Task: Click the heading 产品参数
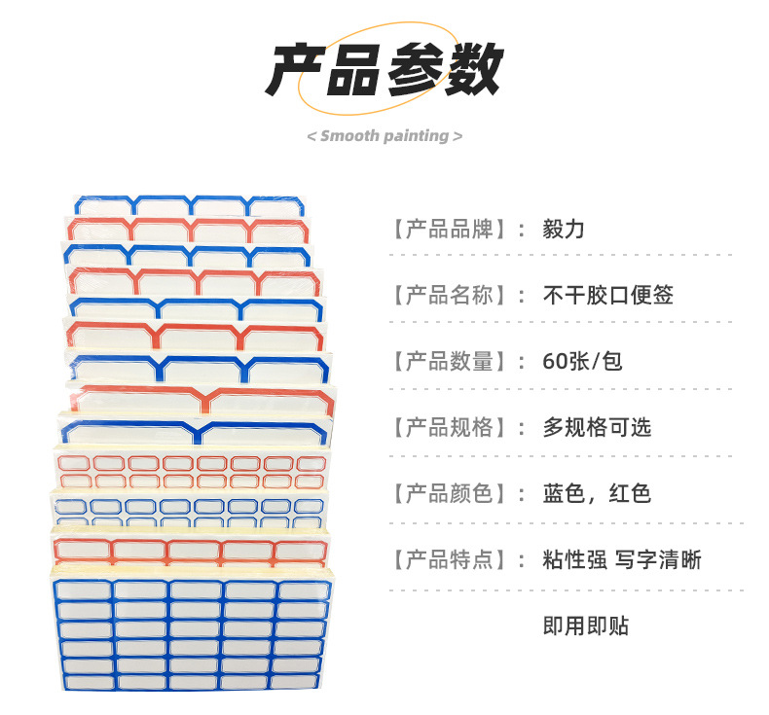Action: tap(384, 69)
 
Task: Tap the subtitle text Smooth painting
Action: tap(384, 135)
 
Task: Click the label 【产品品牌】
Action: tap(450, 230)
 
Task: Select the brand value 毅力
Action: tap(564, 230)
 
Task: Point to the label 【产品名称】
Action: tap(450, 296)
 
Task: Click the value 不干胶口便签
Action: tap(607, 296)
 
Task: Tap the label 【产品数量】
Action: tap(450, 362)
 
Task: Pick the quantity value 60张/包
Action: tap(582, 362)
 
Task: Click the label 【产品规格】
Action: tap(450, 427)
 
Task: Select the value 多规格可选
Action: tap(597, 427)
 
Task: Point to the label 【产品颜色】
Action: tap(450, 493)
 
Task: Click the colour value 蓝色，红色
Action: tap(597, 493)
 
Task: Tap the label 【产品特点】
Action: tap(450, 559)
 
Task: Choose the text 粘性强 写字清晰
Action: tap(622, 559)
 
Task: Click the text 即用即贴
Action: tap(585, 626)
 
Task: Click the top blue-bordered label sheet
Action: tap(190, 205)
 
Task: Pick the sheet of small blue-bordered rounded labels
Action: tap(190, 511)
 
